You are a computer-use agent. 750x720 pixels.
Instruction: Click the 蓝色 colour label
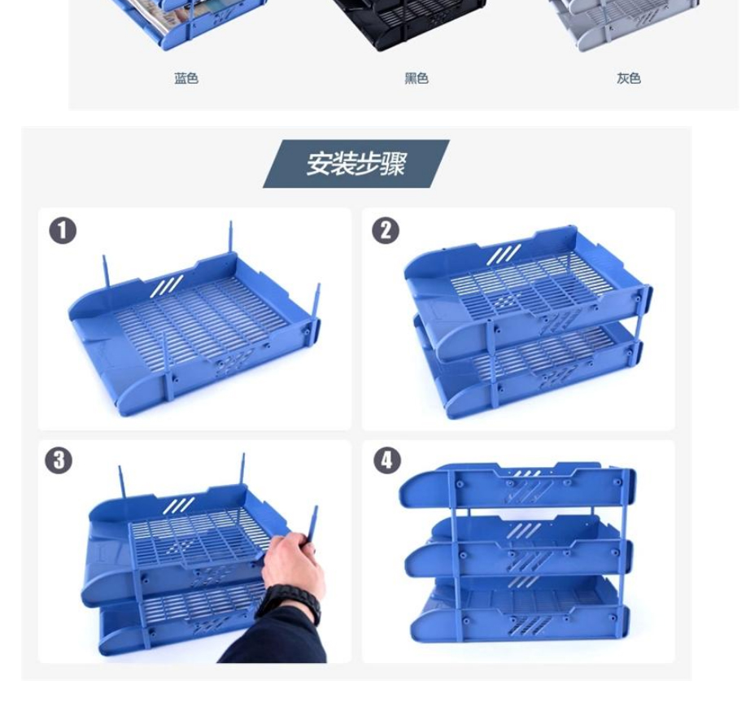(x=186, y=78)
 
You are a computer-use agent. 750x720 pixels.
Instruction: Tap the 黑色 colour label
(x=416, y=78)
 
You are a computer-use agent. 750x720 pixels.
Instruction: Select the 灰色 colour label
(x=629, y=78)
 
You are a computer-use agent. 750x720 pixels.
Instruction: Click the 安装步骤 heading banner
(x=355, y=164)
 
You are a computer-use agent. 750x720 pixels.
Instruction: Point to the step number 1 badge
(x=63, y=230)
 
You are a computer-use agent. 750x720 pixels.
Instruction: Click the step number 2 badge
(x=386, y=230)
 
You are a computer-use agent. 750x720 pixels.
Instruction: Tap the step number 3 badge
(x=59, y=460)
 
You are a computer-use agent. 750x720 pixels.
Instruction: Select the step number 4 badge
(x=387, y=460)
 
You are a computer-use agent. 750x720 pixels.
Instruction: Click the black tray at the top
(x=409, y=21)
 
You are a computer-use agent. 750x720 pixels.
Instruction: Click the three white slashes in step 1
(x=167, y=286)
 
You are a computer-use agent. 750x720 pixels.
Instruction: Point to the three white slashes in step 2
(x=504, y=254)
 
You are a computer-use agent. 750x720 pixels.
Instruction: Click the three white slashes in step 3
(x=178, y=505)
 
